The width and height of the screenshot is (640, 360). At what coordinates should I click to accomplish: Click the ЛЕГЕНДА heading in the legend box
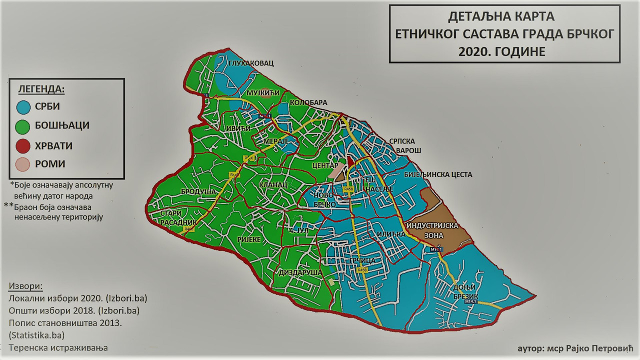[x=41, y=90]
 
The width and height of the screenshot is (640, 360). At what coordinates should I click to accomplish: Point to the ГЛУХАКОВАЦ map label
[x=251, y=63]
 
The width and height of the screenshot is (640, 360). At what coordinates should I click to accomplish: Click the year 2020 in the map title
[x=474, y=51]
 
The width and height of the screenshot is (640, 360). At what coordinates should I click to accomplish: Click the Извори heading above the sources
[x=26, y=286]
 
